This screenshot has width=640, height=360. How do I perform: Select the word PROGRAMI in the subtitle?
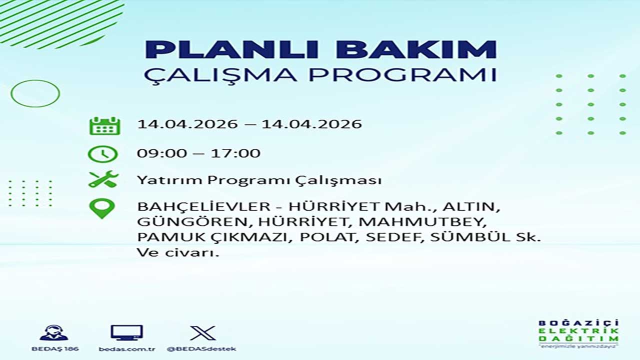point(402,75)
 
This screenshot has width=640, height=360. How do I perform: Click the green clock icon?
point(102,154)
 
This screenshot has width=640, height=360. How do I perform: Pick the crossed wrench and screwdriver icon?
point(103,179)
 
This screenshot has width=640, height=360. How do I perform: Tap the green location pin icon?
point(102,209)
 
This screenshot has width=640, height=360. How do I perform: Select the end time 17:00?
point(235,153)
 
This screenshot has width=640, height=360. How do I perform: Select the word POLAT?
point(327,237)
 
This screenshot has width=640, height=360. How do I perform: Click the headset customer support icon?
point(54,333)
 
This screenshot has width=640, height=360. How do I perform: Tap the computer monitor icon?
point(127,333)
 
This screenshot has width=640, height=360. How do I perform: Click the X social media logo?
point(203,333)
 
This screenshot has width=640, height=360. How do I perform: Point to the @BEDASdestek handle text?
point(201,349)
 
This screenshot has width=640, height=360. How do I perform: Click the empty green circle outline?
point(11,93)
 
